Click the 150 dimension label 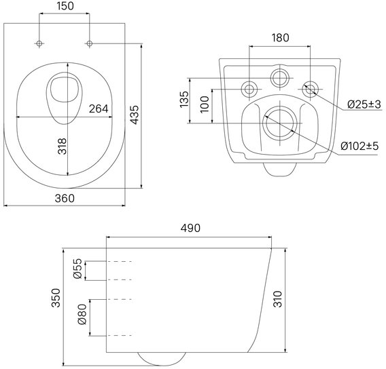(65, 6)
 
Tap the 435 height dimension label (135, 115)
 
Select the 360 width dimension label (65, 198)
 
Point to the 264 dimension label (99, 109)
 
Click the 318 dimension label (63, 146)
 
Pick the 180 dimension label (280, 37)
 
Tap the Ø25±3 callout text (364, 104)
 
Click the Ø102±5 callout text (359, 146)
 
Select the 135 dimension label (184, 99)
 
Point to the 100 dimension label (205, 104)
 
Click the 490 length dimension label (190, 228)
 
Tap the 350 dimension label (56, 298)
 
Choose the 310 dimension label (278, 299)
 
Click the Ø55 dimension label (77, 269)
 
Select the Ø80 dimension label (82, 315)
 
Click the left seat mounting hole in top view (39, 43)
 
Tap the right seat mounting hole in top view (90, 43)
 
